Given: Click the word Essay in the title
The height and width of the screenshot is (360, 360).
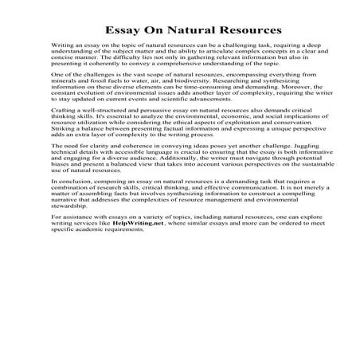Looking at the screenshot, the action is pos(123,32).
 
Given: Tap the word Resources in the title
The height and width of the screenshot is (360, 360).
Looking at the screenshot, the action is pos(248,32).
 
